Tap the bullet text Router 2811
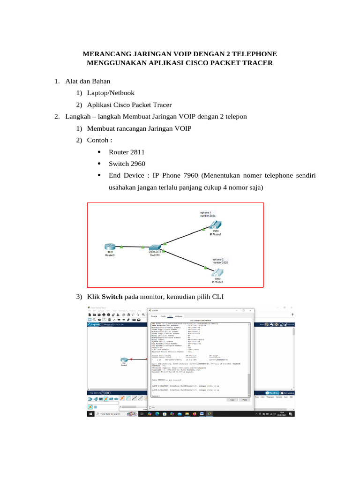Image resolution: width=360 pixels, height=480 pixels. point(127,152)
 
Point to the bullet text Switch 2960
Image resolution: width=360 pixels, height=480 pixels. point(127,164)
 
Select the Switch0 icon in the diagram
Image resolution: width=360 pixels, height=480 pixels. point(155,247)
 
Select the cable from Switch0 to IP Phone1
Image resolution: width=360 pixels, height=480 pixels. point(185,258)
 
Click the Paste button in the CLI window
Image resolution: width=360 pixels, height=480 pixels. point(244,400)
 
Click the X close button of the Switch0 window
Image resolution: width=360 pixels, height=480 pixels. point(252,310)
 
